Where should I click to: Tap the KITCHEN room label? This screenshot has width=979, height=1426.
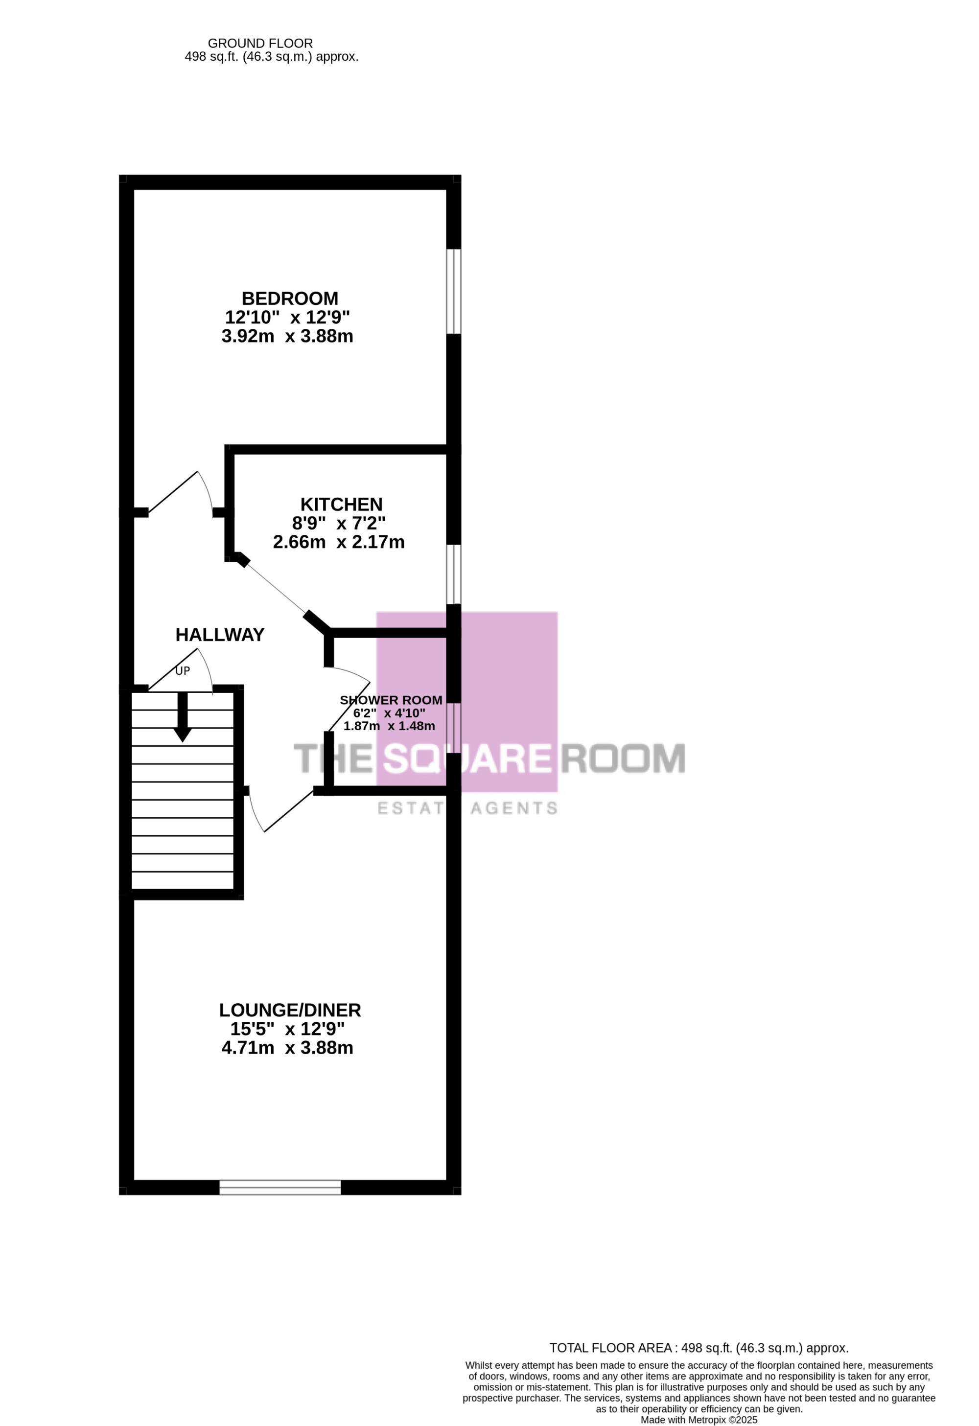click(x=341, y=505)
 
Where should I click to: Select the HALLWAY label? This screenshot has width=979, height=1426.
click(x=220, y=635)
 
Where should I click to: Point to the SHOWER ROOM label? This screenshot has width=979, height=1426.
click(x=391, y=700)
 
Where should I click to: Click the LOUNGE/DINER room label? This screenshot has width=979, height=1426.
click(x=290, y=1010)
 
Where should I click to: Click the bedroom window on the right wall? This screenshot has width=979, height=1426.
click(x=454, y=292)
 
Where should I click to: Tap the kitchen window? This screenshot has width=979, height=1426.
click(x=454, y=575)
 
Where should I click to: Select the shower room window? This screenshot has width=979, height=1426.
click(x=454, y=728)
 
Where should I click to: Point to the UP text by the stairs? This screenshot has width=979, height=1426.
click(x=183, y=671)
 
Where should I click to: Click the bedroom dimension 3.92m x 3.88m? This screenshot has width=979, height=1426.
click(x=287, y=336)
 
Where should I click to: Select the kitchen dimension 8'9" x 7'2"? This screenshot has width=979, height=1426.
click(x=339, y=524)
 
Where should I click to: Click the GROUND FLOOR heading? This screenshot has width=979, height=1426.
click(x=260, y=44)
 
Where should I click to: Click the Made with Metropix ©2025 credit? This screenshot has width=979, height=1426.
click(x=699, y=1420)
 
